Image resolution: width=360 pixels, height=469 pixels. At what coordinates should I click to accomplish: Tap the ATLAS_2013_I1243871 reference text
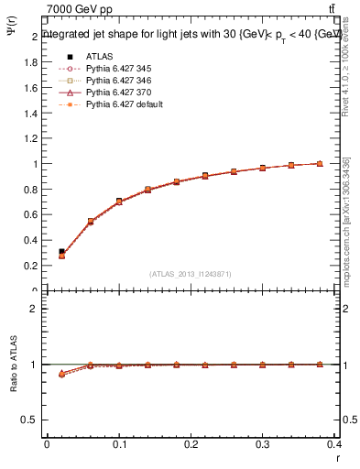191,273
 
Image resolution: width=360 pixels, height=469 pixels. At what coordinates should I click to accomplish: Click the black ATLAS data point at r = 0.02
61,251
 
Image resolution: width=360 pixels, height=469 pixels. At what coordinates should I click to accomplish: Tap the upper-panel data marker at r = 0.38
320,164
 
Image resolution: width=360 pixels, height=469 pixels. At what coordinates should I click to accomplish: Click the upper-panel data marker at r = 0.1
119,202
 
